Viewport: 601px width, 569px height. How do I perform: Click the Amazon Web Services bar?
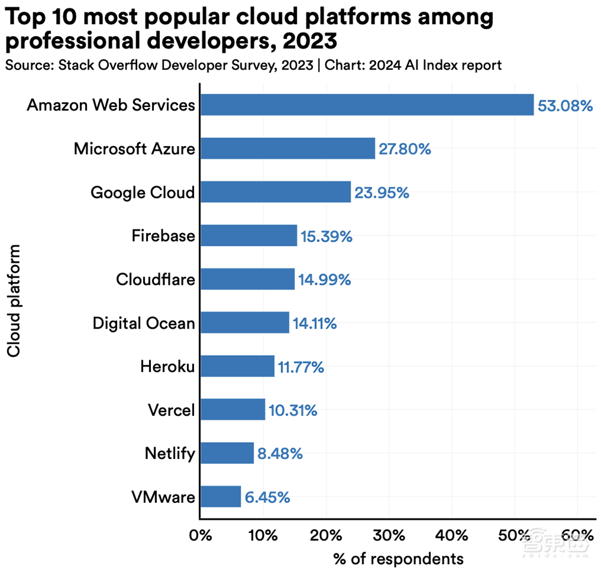[367, 105]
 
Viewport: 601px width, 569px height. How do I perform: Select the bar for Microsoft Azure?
[287, 148]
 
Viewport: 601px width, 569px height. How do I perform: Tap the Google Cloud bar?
[275, 192]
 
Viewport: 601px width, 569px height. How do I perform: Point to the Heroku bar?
[237, 367]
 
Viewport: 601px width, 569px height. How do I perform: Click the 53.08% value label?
[565, 106]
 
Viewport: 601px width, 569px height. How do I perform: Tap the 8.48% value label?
[280, 454]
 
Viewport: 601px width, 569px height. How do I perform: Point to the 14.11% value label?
[314, 324]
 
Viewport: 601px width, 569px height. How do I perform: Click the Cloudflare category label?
[155, 279]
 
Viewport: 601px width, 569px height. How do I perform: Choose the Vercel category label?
[171, 410]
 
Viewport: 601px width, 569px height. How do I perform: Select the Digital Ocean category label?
[144, 323]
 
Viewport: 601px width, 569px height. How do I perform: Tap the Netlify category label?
[169, 454]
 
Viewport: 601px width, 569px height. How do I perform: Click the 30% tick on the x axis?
[389, 535]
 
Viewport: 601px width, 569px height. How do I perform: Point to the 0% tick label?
[201, 535]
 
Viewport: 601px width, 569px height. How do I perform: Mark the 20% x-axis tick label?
[326, 535]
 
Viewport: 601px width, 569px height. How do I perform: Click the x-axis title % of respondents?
[398, 558]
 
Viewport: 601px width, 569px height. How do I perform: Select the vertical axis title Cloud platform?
[13, 300]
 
